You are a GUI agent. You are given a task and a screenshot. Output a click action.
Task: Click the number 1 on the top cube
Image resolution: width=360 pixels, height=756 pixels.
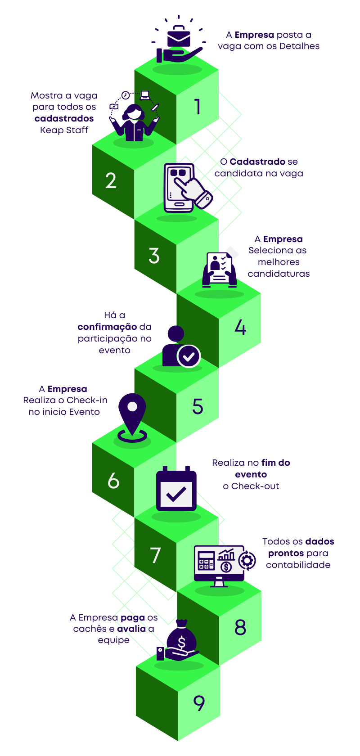pos(197,107)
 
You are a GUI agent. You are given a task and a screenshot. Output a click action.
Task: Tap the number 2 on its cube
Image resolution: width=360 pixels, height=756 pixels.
pos(111,181)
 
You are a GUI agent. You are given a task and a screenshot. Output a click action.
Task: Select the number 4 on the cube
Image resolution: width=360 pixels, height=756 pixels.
pos(240,327)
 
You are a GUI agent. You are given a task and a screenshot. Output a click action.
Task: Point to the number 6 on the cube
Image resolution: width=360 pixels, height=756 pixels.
pos(113,481)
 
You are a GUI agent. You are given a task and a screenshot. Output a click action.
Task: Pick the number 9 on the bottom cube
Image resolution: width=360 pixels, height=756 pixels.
pos(199,703)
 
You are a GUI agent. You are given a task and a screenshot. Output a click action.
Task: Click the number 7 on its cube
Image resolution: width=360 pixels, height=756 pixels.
pos(155,555)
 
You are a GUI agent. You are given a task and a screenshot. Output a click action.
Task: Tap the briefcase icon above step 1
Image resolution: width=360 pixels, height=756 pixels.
pos(179,38)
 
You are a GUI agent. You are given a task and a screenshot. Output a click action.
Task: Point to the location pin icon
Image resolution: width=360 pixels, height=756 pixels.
pos(132,416)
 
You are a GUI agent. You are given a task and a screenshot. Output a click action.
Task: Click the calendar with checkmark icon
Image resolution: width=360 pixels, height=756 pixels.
pos(176,491)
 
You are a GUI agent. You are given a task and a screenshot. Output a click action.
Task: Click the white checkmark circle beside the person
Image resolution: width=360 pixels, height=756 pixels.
pos(189,356)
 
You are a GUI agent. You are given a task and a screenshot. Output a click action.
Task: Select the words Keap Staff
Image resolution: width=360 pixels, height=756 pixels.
pos(64,130)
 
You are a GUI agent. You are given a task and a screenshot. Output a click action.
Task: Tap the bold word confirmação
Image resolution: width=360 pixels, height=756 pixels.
pos(107,327)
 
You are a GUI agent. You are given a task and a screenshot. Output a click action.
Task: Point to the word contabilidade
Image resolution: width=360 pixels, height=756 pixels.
pos(298,565)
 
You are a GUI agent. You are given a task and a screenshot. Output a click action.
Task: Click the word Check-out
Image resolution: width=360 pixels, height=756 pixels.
pos(255,486)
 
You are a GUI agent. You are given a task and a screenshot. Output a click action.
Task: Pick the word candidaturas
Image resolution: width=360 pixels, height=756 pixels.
pos(279,274)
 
